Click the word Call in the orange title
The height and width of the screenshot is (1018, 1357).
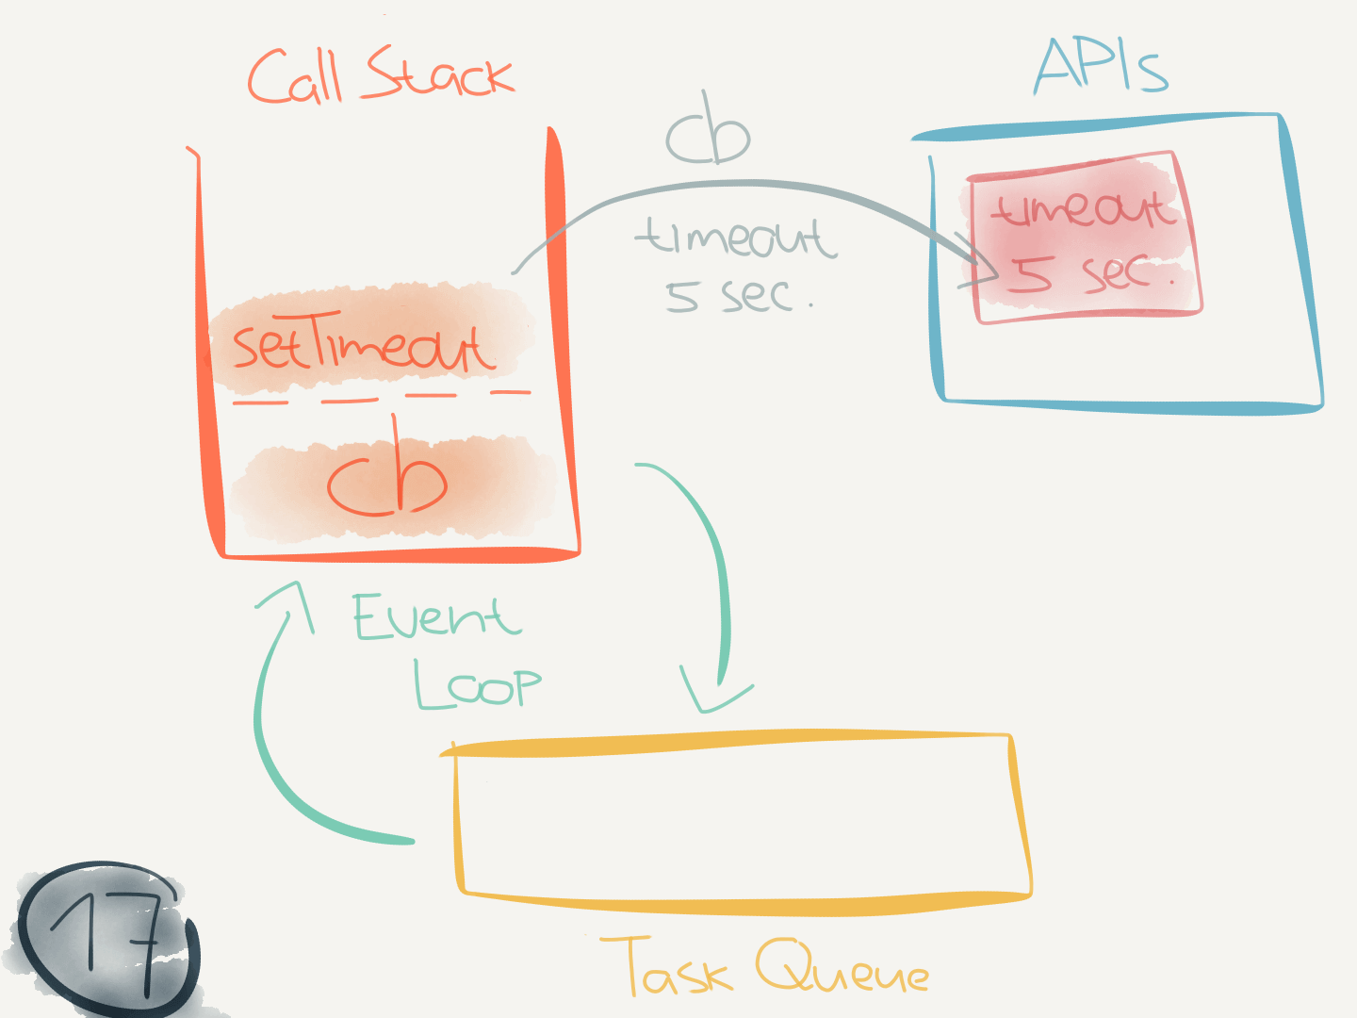294,77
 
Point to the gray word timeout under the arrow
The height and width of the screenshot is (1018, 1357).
736,237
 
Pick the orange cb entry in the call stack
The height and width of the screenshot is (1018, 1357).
387,481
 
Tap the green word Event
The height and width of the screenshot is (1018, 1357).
435,618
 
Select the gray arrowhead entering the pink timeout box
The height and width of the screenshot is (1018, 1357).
985,268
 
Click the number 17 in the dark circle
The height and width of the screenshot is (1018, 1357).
108,938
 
